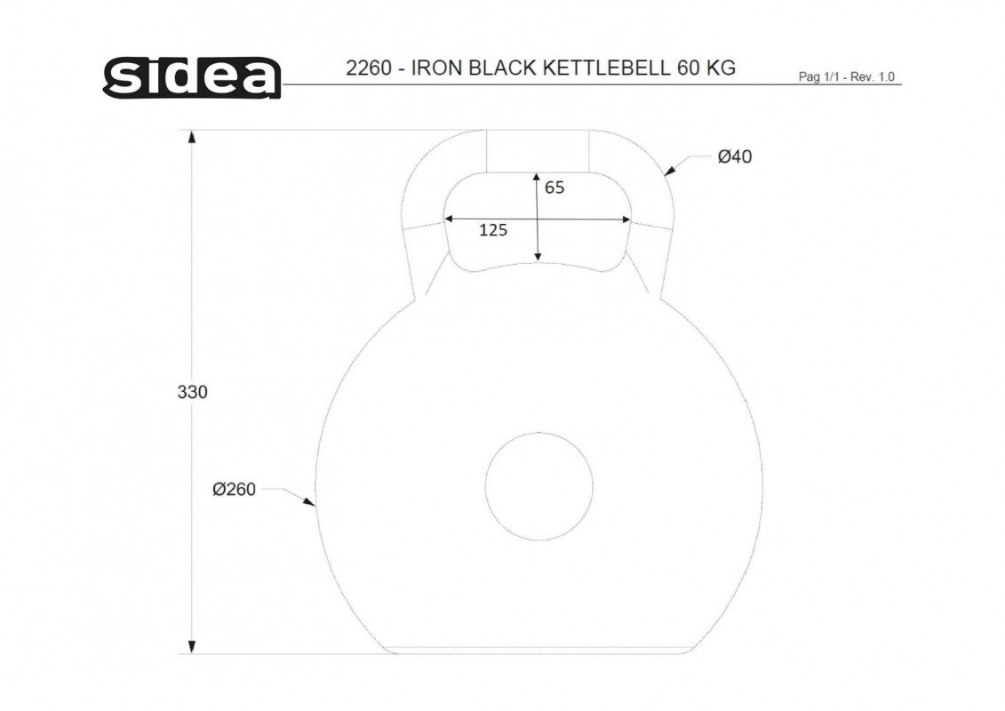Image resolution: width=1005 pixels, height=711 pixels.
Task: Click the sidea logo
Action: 192,77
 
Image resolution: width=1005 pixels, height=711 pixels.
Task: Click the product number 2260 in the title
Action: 369,68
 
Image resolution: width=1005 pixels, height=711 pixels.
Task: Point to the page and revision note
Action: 846,77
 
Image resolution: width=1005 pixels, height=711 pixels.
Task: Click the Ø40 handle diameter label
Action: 735,156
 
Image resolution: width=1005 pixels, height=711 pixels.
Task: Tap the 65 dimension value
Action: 554,188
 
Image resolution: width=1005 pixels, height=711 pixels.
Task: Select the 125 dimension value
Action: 493,230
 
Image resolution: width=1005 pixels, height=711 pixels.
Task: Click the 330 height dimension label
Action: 192,392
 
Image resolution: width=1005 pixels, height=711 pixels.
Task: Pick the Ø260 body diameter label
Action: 234,489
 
